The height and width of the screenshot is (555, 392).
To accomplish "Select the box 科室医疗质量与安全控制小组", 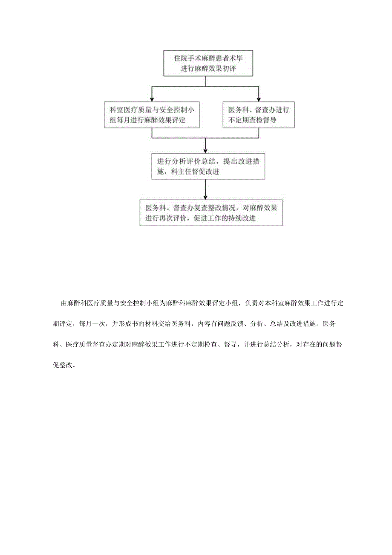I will click(153, 115).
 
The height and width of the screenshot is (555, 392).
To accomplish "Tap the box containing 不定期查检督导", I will click(259, 115).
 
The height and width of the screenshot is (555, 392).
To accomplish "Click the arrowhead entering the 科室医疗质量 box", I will click(153, 99).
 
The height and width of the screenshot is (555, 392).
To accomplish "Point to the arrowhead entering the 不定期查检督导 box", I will click(259, 99).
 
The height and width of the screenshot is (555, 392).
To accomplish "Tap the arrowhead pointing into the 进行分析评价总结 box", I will click(205, 151).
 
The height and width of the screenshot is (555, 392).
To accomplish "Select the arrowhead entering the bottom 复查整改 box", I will click(205, 198).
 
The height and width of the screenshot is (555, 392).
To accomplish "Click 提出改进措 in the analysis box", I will click(238, 161).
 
